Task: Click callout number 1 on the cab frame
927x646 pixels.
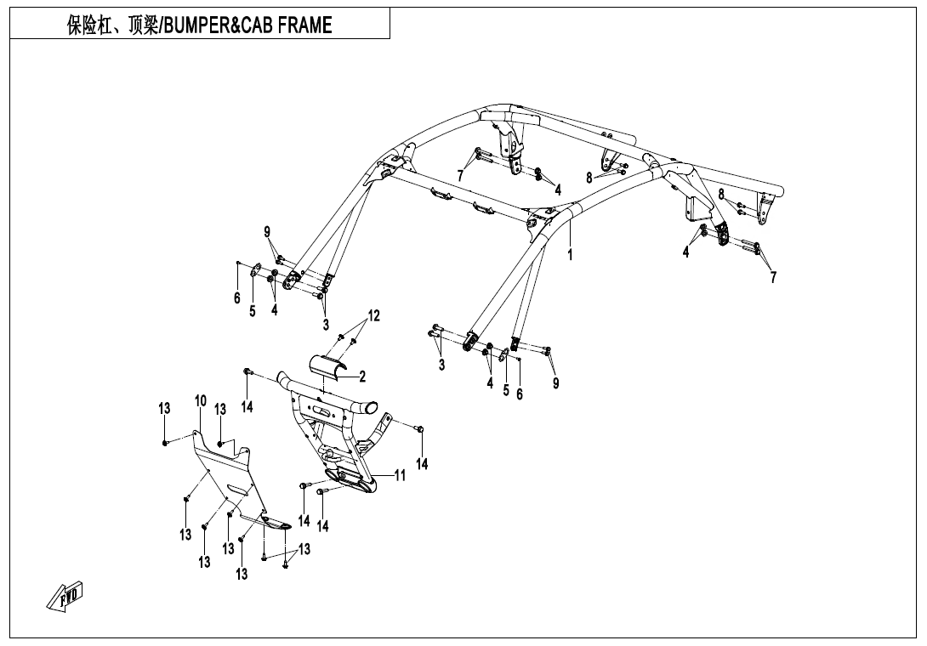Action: pos(571,253)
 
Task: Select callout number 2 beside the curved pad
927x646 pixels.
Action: pos(362,377)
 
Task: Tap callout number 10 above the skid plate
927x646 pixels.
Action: pos(201,400)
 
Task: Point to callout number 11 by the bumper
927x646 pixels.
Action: pos(399,476)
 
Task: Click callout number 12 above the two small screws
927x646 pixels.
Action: pos(373,316)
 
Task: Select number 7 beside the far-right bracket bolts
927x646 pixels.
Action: pos(772,277)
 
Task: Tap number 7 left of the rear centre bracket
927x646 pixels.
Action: pos(460,175)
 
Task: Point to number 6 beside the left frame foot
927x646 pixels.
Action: pos(237,297)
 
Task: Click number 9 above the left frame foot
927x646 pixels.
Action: pos(266,231)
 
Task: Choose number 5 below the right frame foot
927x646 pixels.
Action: pos(505,390)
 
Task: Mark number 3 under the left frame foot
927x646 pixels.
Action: pos(326,324)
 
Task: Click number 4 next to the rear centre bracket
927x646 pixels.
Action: pos(558,190)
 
